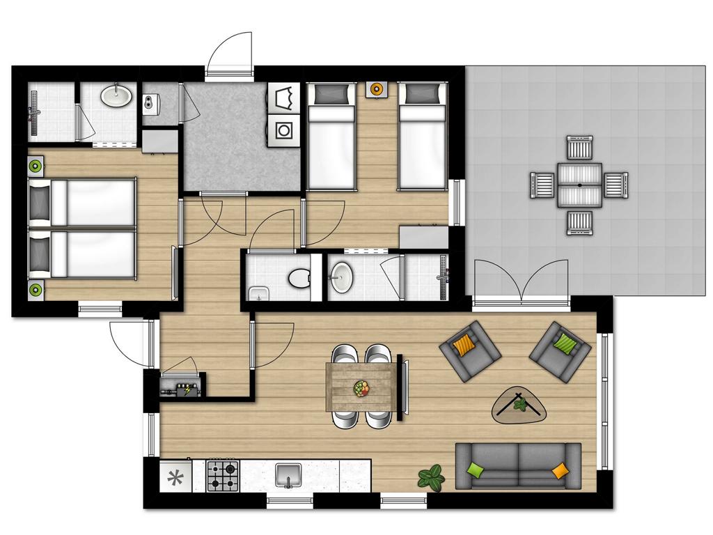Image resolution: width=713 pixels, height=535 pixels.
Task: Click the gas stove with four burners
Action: click(x=223, y=476)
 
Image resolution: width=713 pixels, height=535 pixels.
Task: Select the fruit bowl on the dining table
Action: click(x=362, y=388)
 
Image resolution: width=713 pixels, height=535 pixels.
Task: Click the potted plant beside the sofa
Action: click(x=432, y=477)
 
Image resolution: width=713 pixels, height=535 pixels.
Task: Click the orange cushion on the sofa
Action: click(x=560, y=471)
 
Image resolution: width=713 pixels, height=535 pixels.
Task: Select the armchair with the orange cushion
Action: click(x=470, y=350)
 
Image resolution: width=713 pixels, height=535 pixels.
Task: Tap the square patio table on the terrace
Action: click(x=579, y=185)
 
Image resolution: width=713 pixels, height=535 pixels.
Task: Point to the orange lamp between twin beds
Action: click(x=377, y=90)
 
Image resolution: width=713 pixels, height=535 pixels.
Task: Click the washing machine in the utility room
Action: click(x=285, y=130)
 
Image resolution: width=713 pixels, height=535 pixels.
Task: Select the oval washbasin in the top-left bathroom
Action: click(x=117, y=95)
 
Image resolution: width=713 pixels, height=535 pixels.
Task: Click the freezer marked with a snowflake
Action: click(x=175, y=478)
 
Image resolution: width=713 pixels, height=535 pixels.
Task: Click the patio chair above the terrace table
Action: click(x=579, y=148)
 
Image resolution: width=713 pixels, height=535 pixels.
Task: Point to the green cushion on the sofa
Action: click(x=476, y=470)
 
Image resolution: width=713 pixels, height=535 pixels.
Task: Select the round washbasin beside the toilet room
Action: click(x=341, y=277)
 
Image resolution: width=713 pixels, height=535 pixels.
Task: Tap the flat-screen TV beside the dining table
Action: click(x=401, y=388)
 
